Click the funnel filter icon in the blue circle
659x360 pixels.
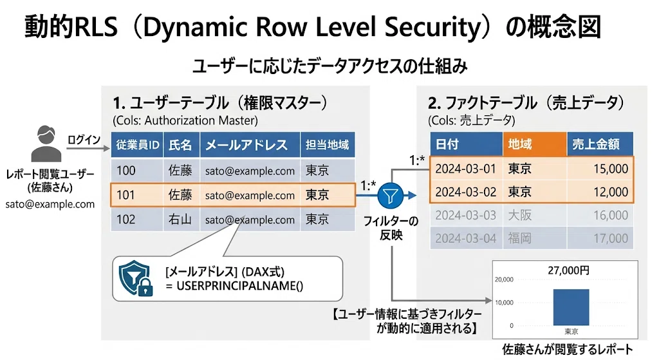pyautogui.click(x=391, y=196)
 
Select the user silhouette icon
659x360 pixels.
pyautogui.click(x=46, y=144)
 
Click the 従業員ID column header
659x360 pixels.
pyautogui.click(x=137, y=145)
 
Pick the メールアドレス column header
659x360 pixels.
pyautogui.click(x=250, y=145)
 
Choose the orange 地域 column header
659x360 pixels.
pyautogui.click(x=535, y=144)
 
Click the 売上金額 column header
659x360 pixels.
pyautogui.click(x=600, y=144)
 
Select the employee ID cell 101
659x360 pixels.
pyautogui.click(x=125, y=194)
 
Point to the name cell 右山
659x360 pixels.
pyautogui.click(x=180, y=219)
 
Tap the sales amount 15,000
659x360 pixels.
pyautogui.click(x=610, y=169)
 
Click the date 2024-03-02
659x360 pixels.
pyautogui.click(x=466, y=192)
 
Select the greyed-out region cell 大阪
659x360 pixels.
pyautogui.click(x=519, y=215)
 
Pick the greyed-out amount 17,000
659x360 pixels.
pyautogui.click(x=610, y=238)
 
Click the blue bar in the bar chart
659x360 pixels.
pyautogui.click(x=571, y=307)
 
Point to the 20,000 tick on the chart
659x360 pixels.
pyautogui.click(x=504, y=279)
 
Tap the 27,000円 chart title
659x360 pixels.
pyautogui.click(x=568, y=270)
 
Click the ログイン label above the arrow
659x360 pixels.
pyautogui.click(x=84, y=139)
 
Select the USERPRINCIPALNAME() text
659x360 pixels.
pyautogui.click(x=239, y=286)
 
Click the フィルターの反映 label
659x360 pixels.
pyautogui.click(x=391, y=227)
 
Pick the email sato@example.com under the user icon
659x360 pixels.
pyautogui.click(x=50, y=204)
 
